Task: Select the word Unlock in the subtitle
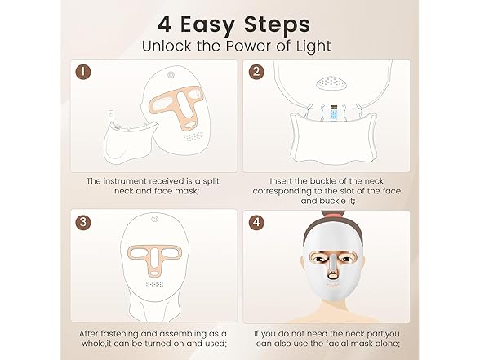(x=168, y=45)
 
